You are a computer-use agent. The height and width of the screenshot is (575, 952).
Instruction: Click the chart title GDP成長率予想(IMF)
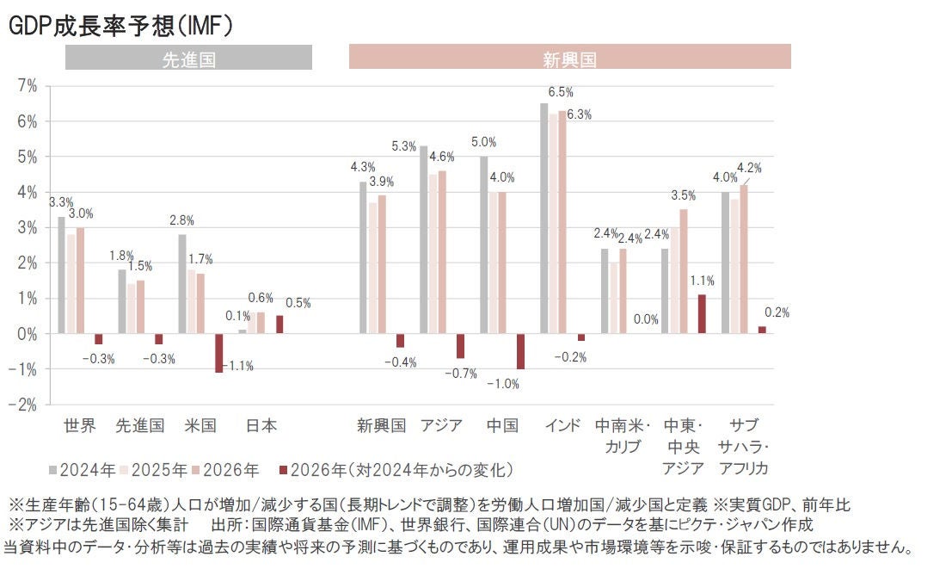coord(120,27)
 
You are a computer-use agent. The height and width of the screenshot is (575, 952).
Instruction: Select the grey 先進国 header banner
coord(188,59)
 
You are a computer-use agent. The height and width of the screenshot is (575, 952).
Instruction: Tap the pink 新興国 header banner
coord(569,59)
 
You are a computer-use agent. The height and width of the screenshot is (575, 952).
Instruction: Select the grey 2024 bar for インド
coord(544,219)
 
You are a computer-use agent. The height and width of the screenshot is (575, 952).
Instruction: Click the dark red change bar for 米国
coord(219,353)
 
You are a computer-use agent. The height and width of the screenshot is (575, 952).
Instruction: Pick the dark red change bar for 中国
coord(520,351)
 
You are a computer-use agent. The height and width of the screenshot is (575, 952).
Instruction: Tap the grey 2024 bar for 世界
coord(61,275)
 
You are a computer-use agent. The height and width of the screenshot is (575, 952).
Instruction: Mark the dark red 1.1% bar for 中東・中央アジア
coord(702,314)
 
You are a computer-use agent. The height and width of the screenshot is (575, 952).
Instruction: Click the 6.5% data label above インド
coord(560,92)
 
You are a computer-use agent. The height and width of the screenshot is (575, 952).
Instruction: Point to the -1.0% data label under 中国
coord(503,384)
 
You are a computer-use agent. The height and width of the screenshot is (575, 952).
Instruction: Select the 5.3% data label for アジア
coord(403,147)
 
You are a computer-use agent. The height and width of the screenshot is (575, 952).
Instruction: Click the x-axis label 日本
coord(261,425)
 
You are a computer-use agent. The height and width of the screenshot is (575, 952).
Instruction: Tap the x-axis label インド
coord(562,425)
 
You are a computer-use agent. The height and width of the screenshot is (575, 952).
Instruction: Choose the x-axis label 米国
coord(200,425)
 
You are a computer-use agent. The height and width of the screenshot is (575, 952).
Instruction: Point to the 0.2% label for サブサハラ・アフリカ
coord(777,312)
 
